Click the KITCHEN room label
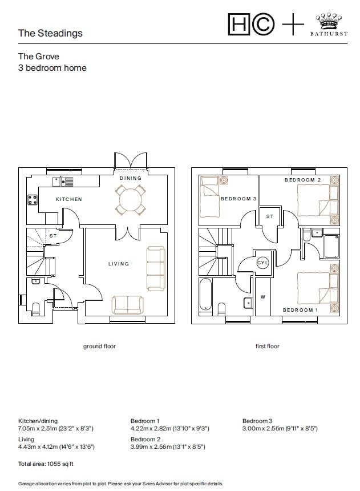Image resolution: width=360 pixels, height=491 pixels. tap(69, 199)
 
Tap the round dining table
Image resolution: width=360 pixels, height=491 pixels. tap(130, 199)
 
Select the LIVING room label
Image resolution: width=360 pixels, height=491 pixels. tap(119, 264)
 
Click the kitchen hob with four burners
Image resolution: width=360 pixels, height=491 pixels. tap(33, 199)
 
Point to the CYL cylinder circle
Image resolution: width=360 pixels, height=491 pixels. tap(262, 263)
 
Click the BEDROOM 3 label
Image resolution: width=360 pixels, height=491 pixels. tap(238, 199)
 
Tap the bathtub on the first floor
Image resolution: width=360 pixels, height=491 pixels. tap(205, 295)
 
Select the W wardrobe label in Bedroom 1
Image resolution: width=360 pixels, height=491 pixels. tap(263, 297)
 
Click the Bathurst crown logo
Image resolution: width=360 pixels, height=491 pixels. tap(329, 21)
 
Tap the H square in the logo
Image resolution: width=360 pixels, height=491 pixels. tap(239, 24)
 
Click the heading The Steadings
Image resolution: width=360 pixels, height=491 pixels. tap(50, 33)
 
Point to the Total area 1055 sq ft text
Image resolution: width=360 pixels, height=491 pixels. tap(46, 464)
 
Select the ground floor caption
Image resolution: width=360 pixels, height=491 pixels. tap(99, 347)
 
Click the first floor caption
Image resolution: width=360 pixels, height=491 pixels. tap(268, 347)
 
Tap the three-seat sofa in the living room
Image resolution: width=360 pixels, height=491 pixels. tap(156, 268)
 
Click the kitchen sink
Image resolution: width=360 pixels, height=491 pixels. tap(63, 182)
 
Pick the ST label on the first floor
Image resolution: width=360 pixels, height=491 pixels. tap(270, 216)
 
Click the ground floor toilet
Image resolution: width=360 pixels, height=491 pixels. tap(36, 308)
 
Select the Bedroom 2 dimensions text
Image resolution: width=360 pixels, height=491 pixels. tap(168, 446)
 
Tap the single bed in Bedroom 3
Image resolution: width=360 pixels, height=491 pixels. tap(210, 196)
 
